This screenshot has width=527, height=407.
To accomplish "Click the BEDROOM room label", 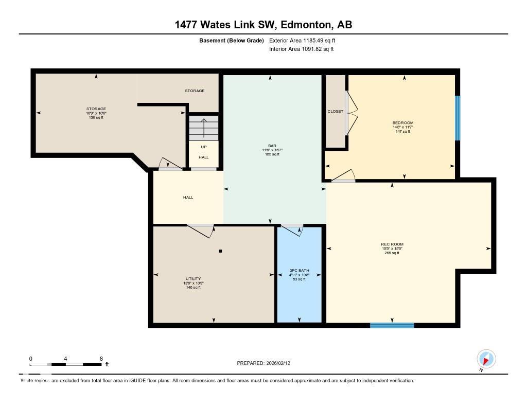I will click(x=402, y=123).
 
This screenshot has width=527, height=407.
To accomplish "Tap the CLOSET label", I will click(x=335, y=111).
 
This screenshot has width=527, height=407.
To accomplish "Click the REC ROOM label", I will click(x=392, y=244).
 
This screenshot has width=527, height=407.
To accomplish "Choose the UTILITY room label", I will click(x=194, y=279).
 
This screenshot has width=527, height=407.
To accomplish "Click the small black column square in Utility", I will click(x=220, y=251).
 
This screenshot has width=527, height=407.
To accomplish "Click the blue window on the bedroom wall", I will click(x=458, y=118).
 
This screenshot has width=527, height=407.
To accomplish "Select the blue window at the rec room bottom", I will click(x=392, y=325).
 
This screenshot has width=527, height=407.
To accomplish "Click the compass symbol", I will click(x=486, y=359).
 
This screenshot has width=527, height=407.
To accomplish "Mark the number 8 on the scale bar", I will click(x=101, y=358).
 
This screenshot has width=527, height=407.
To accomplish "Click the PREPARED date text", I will click(x=267, y=363).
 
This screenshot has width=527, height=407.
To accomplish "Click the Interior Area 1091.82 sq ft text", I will click(x=301, y=49).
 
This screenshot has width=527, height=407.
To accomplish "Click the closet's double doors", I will click(x=348, y=111).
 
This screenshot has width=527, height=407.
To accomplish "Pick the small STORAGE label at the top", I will click(x=195, y=91).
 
